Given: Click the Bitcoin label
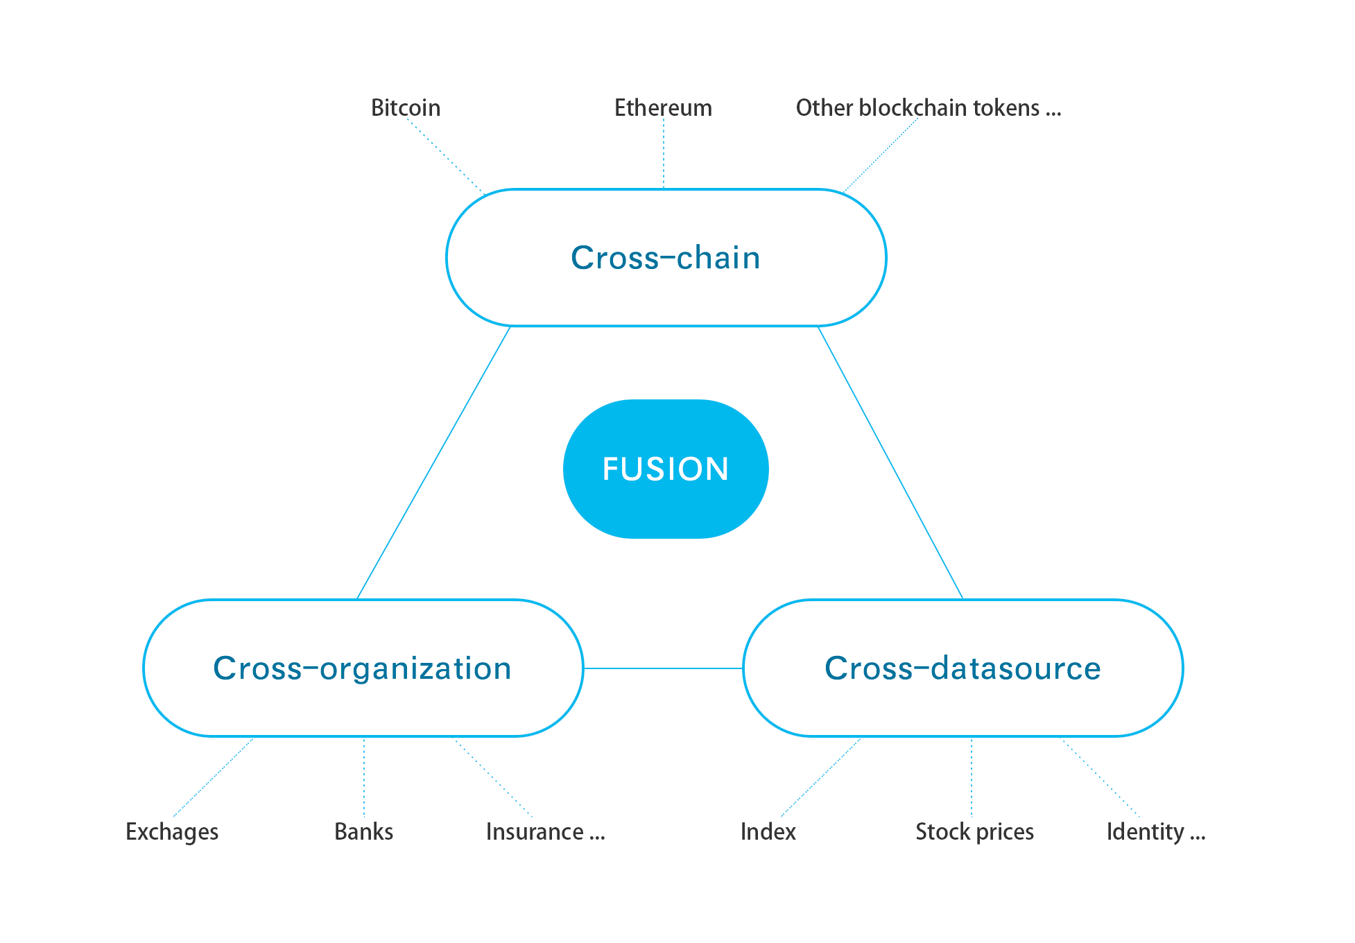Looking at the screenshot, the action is (406, 108).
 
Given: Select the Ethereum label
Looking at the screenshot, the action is (663, 108).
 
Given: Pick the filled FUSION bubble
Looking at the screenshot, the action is (666, 469).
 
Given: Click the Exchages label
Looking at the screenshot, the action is (172, 832).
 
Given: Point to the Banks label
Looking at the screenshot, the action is (363, 832).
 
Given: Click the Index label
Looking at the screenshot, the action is (768, 832).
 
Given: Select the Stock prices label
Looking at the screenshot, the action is (974, 832).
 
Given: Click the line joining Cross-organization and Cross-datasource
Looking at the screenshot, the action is (663, 668).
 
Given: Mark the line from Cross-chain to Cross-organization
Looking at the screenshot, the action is (433, 462).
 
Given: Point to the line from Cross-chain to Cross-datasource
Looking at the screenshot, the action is (890, 462).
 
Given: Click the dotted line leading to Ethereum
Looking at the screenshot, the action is (664, 154).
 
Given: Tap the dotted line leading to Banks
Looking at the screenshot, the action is (364, 777).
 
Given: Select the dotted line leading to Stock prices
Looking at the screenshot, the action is (972, 777).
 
